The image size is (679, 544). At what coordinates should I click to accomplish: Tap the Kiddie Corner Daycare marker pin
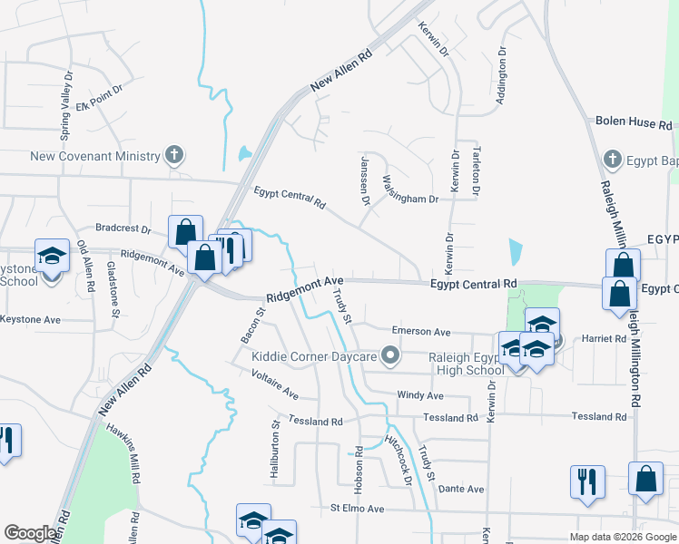point(392,355)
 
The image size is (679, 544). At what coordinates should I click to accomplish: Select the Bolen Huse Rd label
point(633,122)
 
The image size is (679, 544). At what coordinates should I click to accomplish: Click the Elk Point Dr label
point(98,104)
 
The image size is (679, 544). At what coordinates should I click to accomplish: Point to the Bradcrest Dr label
point(122,228)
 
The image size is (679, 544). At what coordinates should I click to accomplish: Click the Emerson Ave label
point(420,332)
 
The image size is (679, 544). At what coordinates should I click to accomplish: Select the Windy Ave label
point(420,395)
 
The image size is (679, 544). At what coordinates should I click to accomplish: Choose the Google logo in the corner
point(30,533)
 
